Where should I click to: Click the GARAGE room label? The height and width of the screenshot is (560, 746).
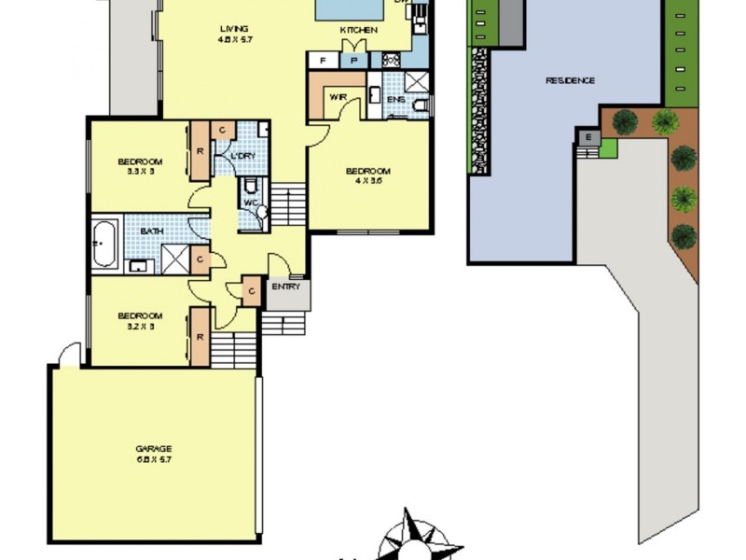pyautogui.click(x=153, y=448)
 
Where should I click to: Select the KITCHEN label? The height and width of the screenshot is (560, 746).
pyautogui.click(x=359, y=31)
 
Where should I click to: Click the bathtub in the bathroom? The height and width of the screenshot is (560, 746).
pyautogui.click(x=105, y=244)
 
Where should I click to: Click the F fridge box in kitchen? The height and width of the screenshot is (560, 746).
pyautogui.click(x=323, y=61)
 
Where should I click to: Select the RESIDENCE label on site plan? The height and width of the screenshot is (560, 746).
pyautogui.click(x=570, y=80)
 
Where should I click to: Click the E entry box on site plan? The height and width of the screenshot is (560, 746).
pyautogui.click(x=587, y=138)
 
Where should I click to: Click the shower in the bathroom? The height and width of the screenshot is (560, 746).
pyautogui.click(x=174, y=259)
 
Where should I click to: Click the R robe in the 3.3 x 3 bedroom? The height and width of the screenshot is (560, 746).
pyautogui.click(x=200, y=150)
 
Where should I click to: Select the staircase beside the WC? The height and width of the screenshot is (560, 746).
pyautogui.click(x=288, y=204)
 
